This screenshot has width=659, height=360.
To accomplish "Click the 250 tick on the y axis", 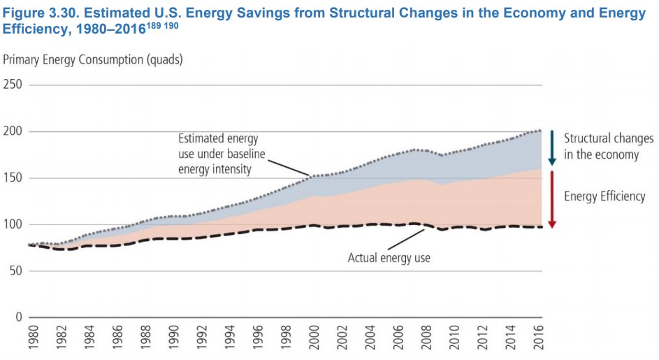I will (x=14, y=85).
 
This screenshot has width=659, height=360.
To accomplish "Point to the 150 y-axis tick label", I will (x=14, y=178).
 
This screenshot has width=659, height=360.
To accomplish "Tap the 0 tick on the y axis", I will (x=20, y=317).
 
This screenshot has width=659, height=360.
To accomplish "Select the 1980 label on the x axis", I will (x=32, y=339).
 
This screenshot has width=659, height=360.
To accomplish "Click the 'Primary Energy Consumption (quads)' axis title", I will (x=93, y=59).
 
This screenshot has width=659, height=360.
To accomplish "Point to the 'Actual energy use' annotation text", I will (x=389, y=258).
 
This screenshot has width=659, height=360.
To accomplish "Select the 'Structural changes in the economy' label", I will (x=609, y=146).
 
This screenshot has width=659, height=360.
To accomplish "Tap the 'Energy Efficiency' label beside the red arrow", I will (x=604, y=196).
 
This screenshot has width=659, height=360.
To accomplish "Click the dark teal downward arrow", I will (x=551, y=147).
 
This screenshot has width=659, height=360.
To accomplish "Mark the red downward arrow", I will (x=551, y=199).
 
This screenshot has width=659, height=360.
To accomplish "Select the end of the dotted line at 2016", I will (x=539, y=131).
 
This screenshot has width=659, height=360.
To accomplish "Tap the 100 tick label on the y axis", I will (x=14, y=224).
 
